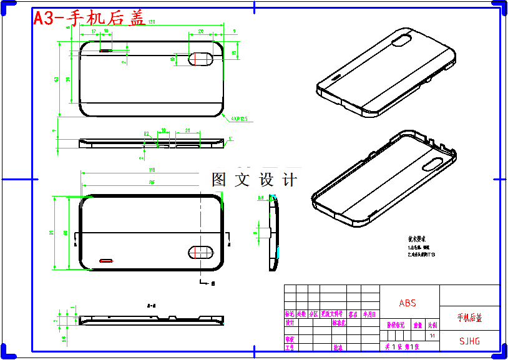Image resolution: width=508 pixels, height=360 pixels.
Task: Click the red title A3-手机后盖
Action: click(89, 19)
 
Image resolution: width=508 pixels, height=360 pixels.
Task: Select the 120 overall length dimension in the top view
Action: click(152, 22)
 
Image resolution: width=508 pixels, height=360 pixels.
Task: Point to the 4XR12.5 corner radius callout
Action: click(239, 118)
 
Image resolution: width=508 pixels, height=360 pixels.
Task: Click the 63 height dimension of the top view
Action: click(57, 79)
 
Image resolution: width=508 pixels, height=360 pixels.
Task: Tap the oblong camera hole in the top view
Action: click(202, 58)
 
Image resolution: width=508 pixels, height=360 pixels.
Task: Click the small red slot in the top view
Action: click(106, 51)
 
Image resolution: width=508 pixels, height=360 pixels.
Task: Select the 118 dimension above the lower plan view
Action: click(151, 170)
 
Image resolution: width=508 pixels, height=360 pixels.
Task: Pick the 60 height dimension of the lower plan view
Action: click(67, 233)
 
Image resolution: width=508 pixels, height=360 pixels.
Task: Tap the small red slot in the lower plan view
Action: click(107, 259)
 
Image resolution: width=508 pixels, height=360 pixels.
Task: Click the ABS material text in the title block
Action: click(408, 303)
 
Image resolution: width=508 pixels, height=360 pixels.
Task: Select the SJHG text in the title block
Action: click(469, 341)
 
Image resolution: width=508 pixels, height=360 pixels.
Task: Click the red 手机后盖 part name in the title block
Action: click(469, 318)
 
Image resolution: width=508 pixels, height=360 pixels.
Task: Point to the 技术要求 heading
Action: click(416, 239)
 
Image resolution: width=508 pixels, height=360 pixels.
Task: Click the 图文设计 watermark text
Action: click(255, 180)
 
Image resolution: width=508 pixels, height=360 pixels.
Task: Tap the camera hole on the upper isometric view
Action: click(403, 41)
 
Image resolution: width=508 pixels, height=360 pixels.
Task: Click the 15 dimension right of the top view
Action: click(234, 54)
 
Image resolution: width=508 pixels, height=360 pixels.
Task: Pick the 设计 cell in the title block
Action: click(290, 323)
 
